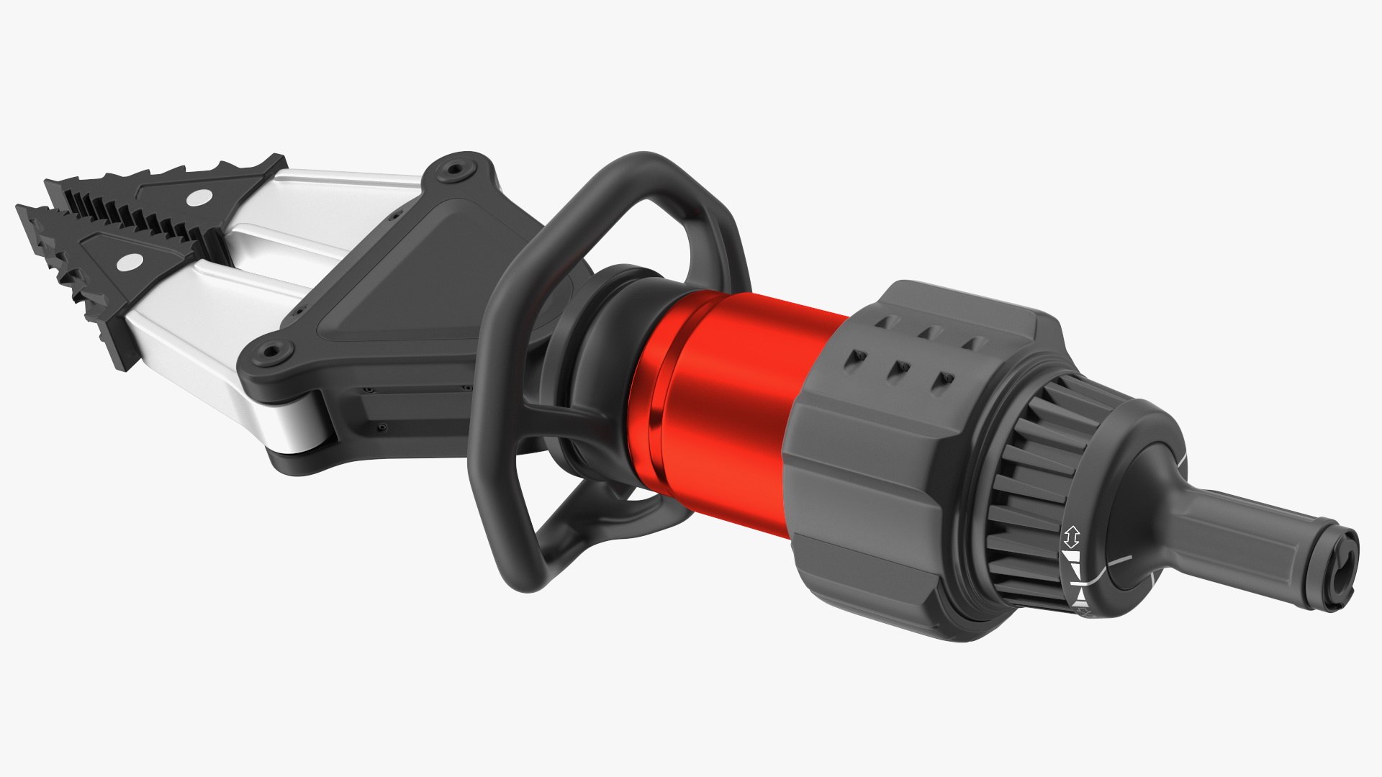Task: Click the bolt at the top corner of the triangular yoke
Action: pos(454,171)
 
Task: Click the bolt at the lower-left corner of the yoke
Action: pos(271,352)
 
